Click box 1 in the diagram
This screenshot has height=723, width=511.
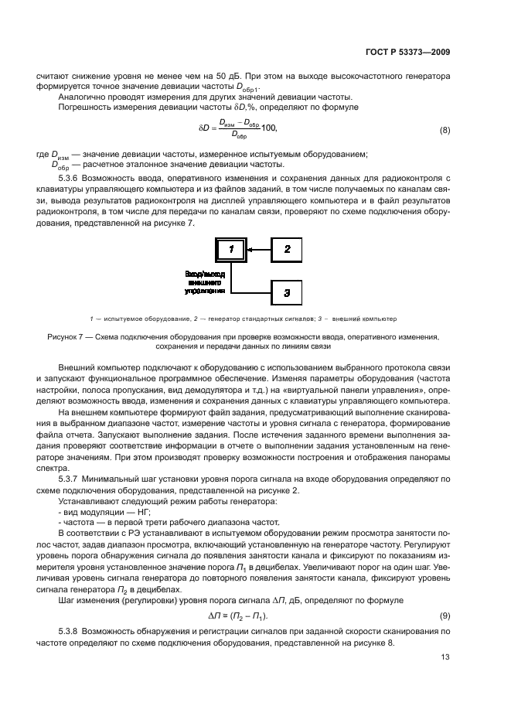click(x=230, y=248)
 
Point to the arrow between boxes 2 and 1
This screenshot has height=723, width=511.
click(x=257, y=249)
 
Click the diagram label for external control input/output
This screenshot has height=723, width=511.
click(x=205, y=283)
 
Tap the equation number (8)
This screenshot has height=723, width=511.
click(x=444, y=129)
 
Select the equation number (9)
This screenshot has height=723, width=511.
click(x=444, y=594)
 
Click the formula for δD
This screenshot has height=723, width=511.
click(x=240, y=129)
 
